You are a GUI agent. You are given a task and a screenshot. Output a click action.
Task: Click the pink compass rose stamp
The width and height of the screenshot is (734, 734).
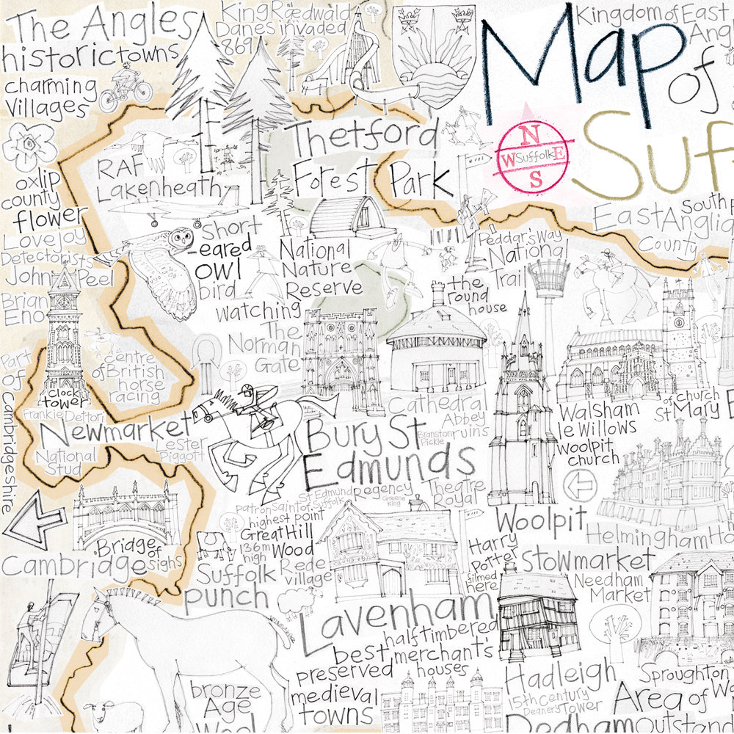pyautogui.click(x=535, y=155)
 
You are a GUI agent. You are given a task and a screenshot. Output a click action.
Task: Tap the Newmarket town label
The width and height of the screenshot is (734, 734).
pyautogui.click(x=112, y=434)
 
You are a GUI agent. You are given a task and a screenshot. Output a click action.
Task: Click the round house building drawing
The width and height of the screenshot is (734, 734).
pyautogui.click(x=436, y=345)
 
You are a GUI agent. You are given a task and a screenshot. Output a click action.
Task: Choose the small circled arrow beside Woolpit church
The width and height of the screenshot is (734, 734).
pyautogui.click(x=580, y=485)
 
